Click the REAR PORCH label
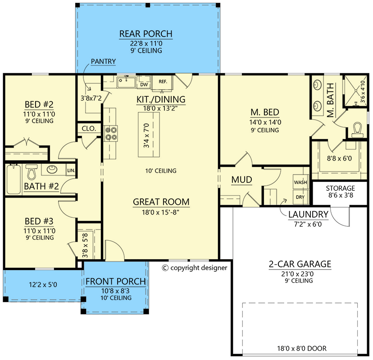click(146, 34)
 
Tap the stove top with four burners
click(111, 133)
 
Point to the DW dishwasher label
click(144, 85)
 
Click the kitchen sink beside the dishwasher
click(126, 82)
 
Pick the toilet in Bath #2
click(32, 171)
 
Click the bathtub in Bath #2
click(14, 179)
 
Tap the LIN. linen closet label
click(71, 171)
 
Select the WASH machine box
click(300, 182)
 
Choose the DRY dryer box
click(300, 197)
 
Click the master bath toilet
click(357, 130)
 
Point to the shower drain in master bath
click(356, 90)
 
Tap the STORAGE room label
click(340, 188)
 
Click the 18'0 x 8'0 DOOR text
click(302, 349)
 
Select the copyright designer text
click(194, 268)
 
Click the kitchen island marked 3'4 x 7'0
click(149, 135)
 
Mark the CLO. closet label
click(89, 129)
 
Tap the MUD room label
click(242, 180)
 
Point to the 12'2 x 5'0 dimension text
click(43, 284)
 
